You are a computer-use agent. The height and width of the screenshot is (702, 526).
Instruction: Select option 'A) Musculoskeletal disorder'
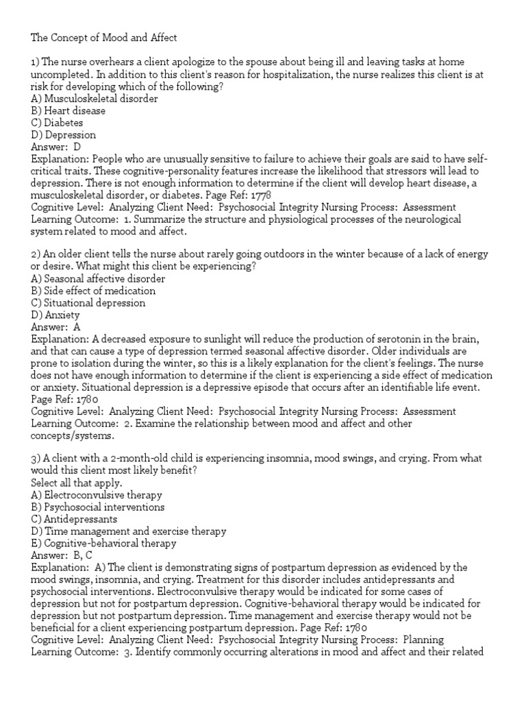[95, 99]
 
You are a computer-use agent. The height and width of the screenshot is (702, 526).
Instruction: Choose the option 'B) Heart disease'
[68, 111]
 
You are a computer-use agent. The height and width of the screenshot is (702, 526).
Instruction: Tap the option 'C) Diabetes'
[58, 123]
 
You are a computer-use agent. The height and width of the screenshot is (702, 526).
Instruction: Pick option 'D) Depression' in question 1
[64, 136]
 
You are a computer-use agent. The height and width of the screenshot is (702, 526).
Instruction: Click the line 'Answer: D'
[56, 147]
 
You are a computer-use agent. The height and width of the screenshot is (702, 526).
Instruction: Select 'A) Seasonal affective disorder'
[98, 279]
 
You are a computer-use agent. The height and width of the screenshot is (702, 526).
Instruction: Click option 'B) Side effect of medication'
[93, 291]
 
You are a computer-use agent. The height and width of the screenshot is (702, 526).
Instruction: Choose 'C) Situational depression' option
[88, 303]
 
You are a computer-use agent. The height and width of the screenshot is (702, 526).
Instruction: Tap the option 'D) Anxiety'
[55, 315]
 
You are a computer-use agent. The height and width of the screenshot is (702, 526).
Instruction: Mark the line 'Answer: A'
[56, 327]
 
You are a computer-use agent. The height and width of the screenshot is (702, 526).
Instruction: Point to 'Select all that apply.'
[75, 482]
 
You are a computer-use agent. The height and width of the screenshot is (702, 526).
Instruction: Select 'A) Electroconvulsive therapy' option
[97, 494]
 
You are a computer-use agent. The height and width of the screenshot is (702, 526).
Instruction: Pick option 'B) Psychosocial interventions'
[98, 507]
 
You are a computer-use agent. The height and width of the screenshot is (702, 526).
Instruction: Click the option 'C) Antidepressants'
[74, 519]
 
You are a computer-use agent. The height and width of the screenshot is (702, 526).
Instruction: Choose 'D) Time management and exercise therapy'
[129, 531]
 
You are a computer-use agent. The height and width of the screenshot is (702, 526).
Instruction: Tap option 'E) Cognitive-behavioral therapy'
[103, 544]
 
